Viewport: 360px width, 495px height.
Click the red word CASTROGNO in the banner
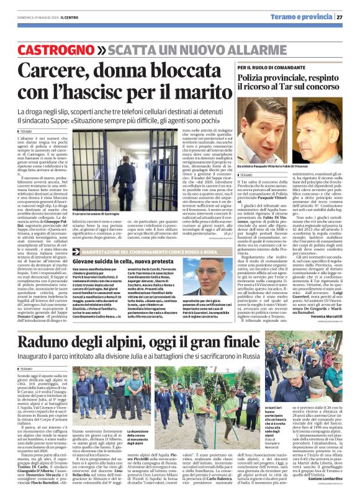(51, 47)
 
